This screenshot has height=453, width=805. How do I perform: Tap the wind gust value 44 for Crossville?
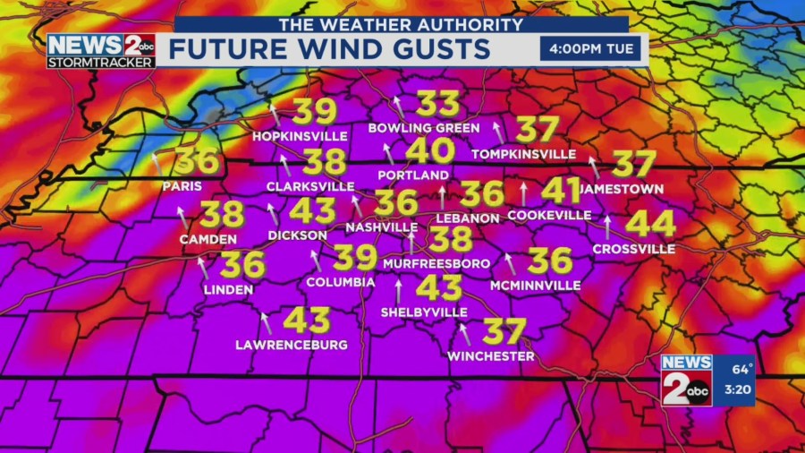coord(650,223)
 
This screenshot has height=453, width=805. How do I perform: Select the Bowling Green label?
coord(424,128)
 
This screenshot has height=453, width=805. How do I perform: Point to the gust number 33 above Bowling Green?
coord(438,104)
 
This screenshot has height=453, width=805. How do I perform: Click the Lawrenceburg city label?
coord(292,345)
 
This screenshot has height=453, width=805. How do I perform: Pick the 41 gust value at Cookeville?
coord(561,190)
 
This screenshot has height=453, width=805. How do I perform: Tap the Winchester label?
coord(491,356)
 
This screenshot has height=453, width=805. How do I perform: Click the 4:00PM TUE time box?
coord(590,47)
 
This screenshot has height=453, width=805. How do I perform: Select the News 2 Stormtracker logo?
coord(101,51)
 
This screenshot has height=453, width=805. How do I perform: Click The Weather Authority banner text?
coord(400,25)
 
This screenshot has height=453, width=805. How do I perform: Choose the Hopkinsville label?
coord(300,136)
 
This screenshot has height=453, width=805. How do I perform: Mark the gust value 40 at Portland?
coord(429,150)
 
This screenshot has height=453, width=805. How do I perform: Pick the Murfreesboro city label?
coord(436,263)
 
